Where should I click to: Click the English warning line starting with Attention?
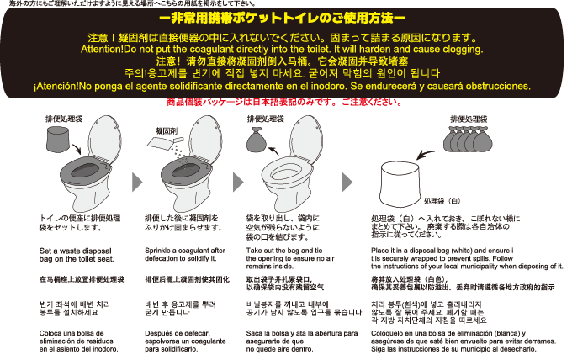283,50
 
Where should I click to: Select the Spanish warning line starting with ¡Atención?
283,87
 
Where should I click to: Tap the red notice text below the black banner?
283,102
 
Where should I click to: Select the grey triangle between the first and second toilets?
137,179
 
